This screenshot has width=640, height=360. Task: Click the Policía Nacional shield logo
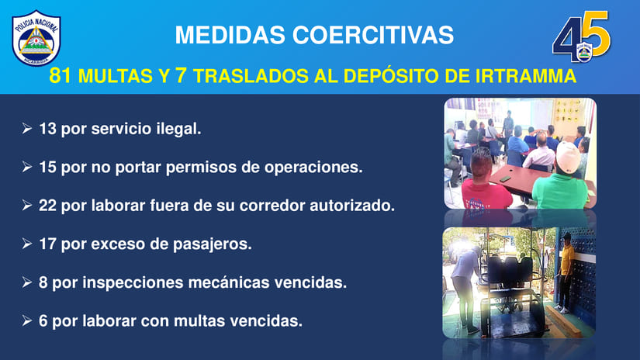coord(36,38)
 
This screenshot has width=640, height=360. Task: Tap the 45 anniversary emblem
coord(582,36)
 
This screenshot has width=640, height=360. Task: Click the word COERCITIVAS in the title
coord(373,35)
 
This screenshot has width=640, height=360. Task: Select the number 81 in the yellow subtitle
coord(61,75)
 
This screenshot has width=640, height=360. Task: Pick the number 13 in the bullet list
coord(47,129)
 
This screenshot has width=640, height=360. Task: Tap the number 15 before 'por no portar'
coord(47,168)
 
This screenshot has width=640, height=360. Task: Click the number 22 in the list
coord(47,206)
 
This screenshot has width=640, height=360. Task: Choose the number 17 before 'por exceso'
coord(47,244)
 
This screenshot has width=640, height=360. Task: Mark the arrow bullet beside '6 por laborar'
coord(27,320)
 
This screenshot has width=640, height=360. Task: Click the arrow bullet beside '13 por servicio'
coord(27,129)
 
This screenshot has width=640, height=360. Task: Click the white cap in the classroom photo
coord(568,157)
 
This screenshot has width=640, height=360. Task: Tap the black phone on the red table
coord(505,178)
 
